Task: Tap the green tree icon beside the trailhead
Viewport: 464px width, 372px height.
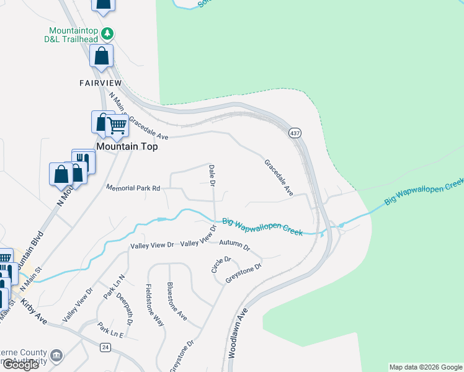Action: coord(107,32)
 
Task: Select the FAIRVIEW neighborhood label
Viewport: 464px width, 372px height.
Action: coord(100,82)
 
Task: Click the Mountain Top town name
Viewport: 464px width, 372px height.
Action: coord(127,147)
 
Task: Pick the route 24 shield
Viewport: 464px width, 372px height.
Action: coord(105,348)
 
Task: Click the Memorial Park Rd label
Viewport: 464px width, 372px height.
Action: coord(133,187)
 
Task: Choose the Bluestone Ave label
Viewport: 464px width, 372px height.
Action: coord(177,301)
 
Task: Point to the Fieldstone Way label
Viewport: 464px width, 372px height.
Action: coord(154,305)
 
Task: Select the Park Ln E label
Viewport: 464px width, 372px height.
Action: coord(111,334)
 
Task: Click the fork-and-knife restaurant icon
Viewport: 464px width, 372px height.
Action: coord(86,161)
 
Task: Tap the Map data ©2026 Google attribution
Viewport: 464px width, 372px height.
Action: coord(426,367)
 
